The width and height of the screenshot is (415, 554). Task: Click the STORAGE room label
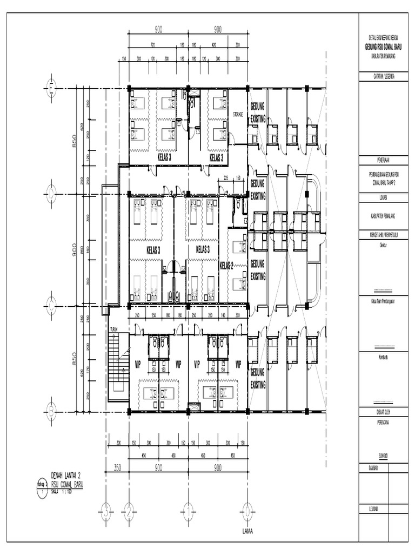coord(238,115)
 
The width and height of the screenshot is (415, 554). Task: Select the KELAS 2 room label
coord(226,266)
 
